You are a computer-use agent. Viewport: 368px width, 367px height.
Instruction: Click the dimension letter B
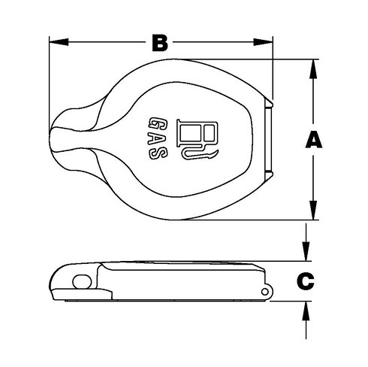(x=158, y=43)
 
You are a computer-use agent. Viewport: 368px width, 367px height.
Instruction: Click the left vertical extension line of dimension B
(x=50, y=75)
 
